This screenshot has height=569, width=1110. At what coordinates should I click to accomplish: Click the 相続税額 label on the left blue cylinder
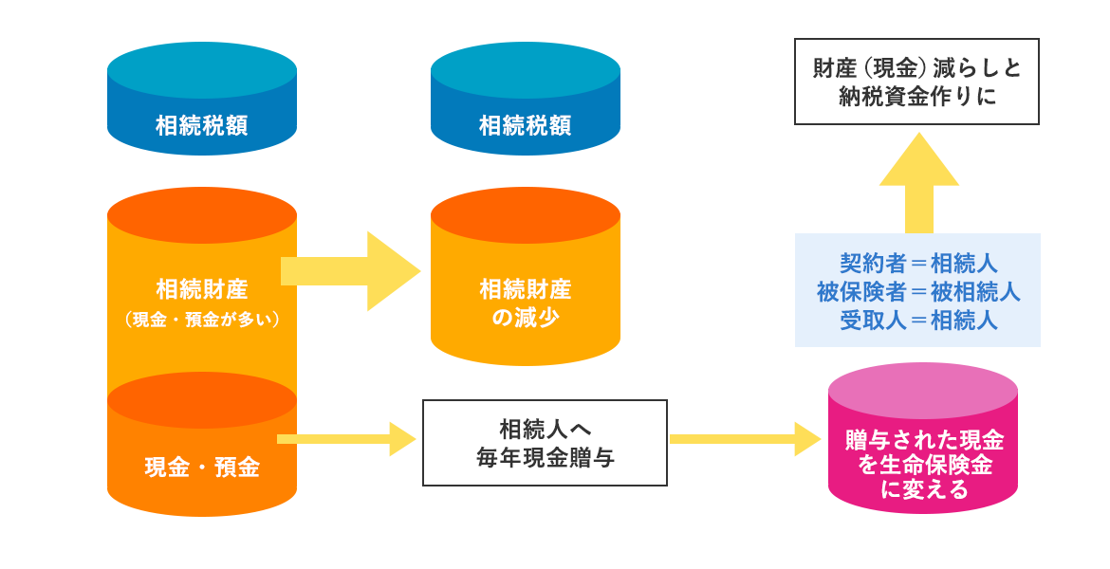click(202, 126)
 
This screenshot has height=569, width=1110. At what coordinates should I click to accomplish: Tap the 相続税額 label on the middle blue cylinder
click(525, 126)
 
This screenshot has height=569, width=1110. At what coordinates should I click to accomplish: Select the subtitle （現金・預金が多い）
click(202, 321)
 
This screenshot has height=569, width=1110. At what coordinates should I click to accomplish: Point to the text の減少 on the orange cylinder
click(525, 318)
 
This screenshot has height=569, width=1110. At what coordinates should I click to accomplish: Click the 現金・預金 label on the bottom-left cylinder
click(202, 468)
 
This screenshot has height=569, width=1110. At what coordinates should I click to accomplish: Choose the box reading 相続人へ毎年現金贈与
click(546, 443)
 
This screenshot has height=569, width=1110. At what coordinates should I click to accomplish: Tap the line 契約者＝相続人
click(918, 263)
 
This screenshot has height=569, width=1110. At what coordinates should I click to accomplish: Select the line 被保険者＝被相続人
click(918, 291)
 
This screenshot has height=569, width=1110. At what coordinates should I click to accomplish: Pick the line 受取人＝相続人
click(918, 320)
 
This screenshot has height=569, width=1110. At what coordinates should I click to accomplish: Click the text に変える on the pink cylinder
click(923, 490)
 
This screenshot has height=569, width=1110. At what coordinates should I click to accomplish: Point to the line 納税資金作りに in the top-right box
click(917, 96)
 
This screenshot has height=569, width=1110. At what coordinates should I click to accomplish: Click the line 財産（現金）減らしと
click(917, 69)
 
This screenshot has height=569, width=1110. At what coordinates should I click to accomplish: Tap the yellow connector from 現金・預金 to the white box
click(356, 439)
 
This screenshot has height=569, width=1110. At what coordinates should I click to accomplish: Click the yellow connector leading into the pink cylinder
click(746, 439)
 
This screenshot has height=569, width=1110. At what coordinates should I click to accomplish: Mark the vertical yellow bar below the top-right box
click(918, 180)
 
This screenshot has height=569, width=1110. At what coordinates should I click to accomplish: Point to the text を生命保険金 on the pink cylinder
click(923, 466)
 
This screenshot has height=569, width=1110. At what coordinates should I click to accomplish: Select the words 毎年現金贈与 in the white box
click(546, 458)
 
